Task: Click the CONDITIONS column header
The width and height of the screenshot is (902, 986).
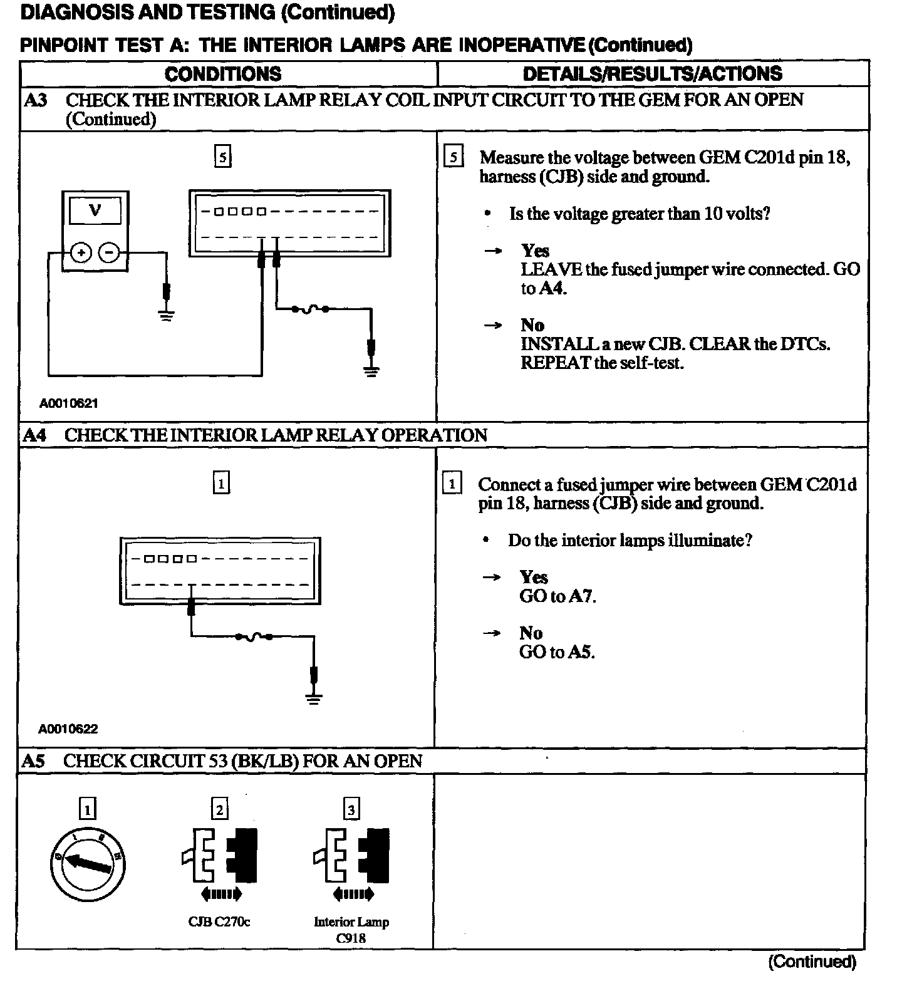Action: pos(223,74)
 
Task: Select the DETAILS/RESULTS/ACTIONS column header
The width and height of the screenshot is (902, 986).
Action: pos(652,74)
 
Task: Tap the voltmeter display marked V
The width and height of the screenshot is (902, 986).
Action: pos(95,210)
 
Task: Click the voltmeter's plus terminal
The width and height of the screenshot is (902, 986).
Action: pos(81,252)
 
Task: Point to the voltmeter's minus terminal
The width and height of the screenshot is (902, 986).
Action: pos(109,252)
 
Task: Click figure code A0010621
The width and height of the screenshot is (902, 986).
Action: pos(69,403)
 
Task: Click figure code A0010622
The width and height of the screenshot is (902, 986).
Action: pos(68,729)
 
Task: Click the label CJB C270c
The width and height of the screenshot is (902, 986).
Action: pos(219,921)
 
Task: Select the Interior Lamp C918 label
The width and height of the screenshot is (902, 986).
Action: pos(351,930)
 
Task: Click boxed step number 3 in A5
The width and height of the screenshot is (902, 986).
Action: pos(351,809)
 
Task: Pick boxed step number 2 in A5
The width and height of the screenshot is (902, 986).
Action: pos(219,809)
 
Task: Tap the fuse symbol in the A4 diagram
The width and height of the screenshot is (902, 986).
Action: pos(254,637)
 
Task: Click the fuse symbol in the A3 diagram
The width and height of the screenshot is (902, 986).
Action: pos(309,309)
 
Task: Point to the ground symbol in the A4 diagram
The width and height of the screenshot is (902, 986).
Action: pos(314,698)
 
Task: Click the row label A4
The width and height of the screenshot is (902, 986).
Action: pos(35,435)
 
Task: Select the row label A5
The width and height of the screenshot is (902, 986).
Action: pos(34,760)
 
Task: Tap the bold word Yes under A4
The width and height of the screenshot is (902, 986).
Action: pos(534,577)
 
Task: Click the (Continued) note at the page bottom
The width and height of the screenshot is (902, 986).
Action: pos(812,961)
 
